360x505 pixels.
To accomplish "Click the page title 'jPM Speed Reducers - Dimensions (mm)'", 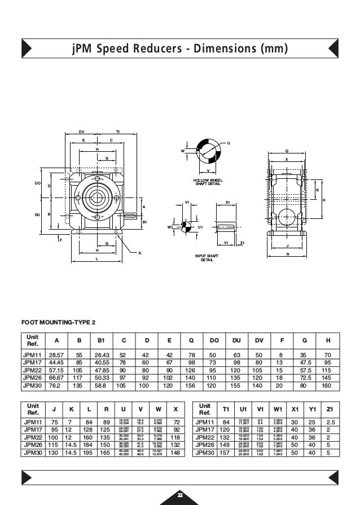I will pos(180,50).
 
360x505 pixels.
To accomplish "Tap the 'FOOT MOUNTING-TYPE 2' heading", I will pos(58,322).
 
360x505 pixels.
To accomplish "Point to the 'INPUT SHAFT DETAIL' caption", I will pos(207,258).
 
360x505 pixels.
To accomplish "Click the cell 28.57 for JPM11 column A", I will pos(55,354).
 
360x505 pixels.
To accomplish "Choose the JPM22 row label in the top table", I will pos(32,370).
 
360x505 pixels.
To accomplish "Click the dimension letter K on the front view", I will pos(139,253).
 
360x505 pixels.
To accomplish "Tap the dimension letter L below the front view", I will pos(97,258).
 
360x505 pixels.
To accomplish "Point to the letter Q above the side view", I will pos(287,151).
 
